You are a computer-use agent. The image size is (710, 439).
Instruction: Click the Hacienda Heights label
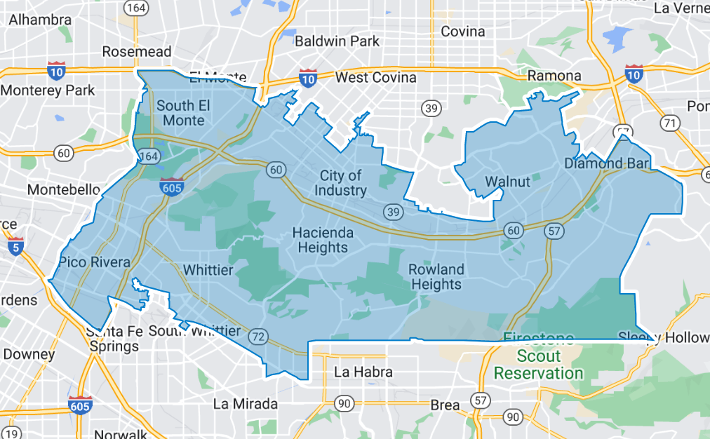(x=322, y=240)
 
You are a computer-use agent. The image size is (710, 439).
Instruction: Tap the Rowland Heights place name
(x=436, y=277)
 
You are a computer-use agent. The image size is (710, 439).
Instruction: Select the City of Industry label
(x=340, y=182)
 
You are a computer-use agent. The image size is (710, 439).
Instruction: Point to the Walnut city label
(x=508, y=182)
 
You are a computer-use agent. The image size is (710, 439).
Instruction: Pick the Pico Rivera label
(x=95, y=262)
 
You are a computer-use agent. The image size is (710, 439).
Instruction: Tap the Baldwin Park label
(x=337, y=41)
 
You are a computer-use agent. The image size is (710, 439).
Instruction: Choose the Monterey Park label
(x=48, y=90)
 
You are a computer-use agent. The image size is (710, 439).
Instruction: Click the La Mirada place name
(x=246, y=404)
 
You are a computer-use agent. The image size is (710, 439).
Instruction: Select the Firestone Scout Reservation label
(x=539, y=356)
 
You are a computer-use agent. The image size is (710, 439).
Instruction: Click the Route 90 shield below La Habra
(x=344, y=403)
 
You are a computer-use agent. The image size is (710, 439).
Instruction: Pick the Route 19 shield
(x=12, y=433)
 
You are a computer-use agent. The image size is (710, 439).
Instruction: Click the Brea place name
(x=445, y=405)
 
